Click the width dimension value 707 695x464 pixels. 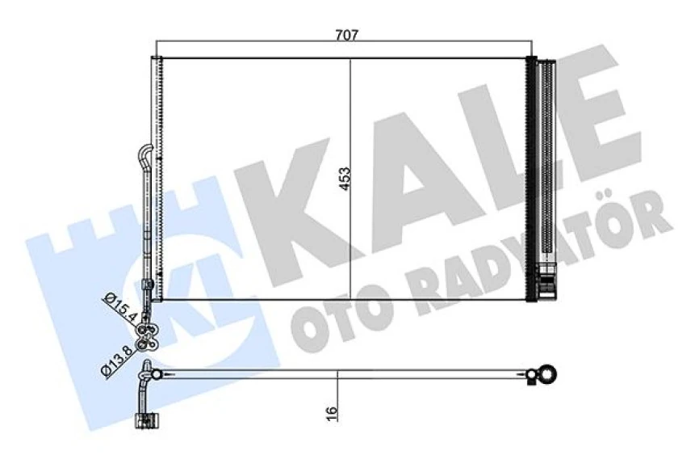pyautogui.click(x=346, y=35)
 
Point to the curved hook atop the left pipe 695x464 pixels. pyautogui.click(x=145, y=153)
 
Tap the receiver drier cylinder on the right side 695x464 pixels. pyautogui.click(x=547, y=162)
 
